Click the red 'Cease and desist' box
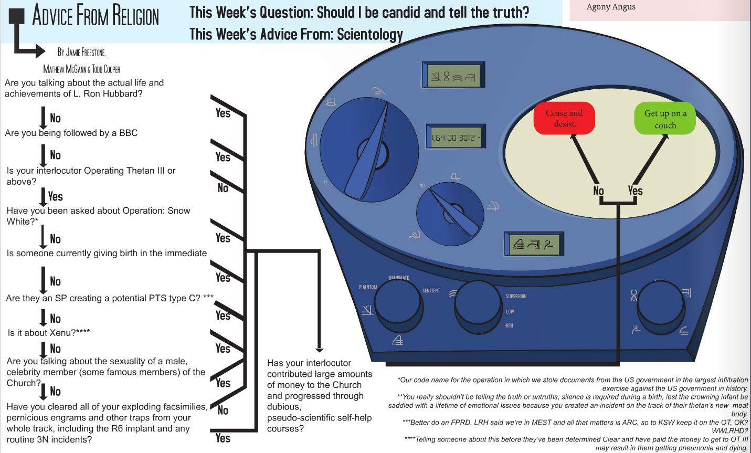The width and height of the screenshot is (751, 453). point(564,118)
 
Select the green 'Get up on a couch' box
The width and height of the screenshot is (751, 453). point(665,119)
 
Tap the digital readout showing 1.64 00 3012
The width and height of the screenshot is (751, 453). point(455,138)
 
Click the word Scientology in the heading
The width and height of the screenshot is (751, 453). point(369,35)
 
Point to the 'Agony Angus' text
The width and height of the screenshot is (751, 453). point(611,7)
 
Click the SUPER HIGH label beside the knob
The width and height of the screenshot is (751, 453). point(516,296)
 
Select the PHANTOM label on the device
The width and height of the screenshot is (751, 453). point(368,287)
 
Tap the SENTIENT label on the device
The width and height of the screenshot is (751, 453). point(431,290)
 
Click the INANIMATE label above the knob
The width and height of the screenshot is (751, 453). point(399,278)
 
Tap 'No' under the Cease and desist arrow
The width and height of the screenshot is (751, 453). point(598,191)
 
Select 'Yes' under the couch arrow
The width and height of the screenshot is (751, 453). point(635,191)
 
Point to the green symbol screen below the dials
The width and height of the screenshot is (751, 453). point(534,244)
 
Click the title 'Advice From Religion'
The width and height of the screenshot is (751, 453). point(96,15)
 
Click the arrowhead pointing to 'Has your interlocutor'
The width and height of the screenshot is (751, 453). point(319,350)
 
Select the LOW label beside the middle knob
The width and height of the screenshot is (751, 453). point(510,311)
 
